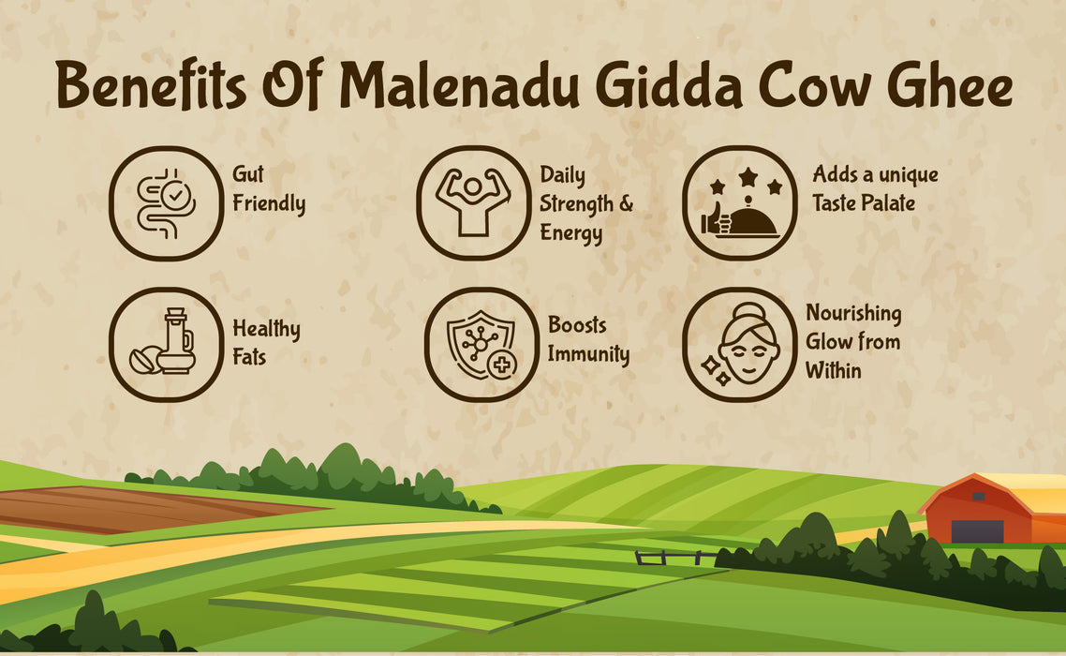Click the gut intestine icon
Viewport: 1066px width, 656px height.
[166, 203]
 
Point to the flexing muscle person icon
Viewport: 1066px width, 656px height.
[473, 203]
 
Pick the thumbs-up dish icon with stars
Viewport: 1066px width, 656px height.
[740, 203]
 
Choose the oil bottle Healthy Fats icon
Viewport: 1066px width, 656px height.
[166, 345]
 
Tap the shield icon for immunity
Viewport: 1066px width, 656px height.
[481, 345]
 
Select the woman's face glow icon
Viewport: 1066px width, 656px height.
[740, 345]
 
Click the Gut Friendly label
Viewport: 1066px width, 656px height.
[269, 189]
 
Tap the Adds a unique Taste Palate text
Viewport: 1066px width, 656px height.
[875, 188]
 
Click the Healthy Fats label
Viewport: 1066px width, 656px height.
[266, 342]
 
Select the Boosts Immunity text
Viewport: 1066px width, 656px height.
[588, 340]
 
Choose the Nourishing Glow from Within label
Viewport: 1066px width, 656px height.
[852, 341]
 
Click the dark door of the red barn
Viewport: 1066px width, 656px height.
[977, 530]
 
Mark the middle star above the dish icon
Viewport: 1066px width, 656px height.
[747, 175]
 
